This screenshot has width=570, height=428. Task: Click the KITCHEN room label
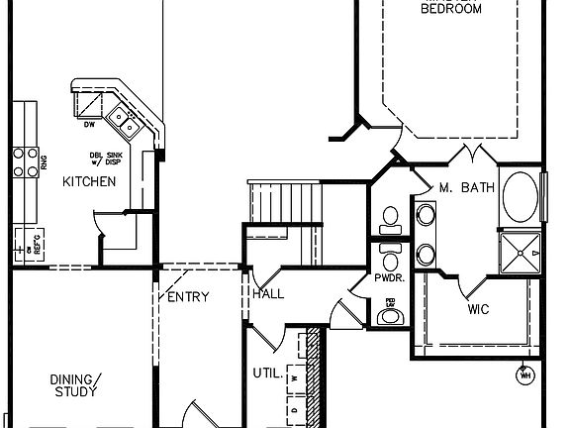click(x=89, y=181)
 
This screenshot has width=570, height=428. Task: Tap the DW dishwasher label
click(x=88, y=125)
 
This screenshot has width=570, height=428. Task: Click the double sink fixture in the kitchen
click(x=126, y=120)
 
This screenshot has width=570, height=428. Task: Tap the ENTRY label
click(x=188, y=297)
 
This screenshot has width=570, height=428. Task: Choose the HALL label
click(x=268, y=294)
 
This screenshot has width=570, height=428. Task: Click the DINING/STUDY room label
click(x=74, y=384)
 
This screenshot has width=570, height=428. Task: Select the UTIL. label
click(x=265, y=374)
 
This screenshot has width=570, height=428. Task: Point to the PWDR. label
click(x=388, y=279)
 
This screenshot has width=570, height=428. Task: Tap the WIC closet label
click(x=479, y=309)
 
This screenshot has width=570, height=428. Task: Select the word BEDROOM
click(x=451, y=9)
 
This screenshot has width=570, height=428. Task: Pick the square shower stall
click(x=521, y=254)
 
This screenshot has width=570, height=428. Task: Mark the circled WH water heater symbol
click(x=525, y=375)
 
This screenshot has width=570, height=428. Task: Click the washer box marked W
click(x=295, y=377)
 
